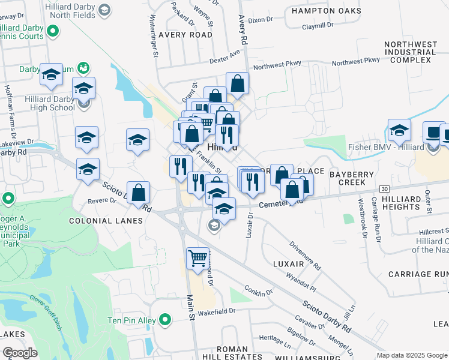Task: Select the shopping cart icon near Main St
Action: tap(197, 259)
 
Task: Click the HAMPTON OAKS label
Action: tap(326, 11)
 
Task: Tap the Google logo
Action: tap(20, 353)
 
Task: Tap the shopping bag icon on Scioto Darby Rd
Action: tap(139, 193)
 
